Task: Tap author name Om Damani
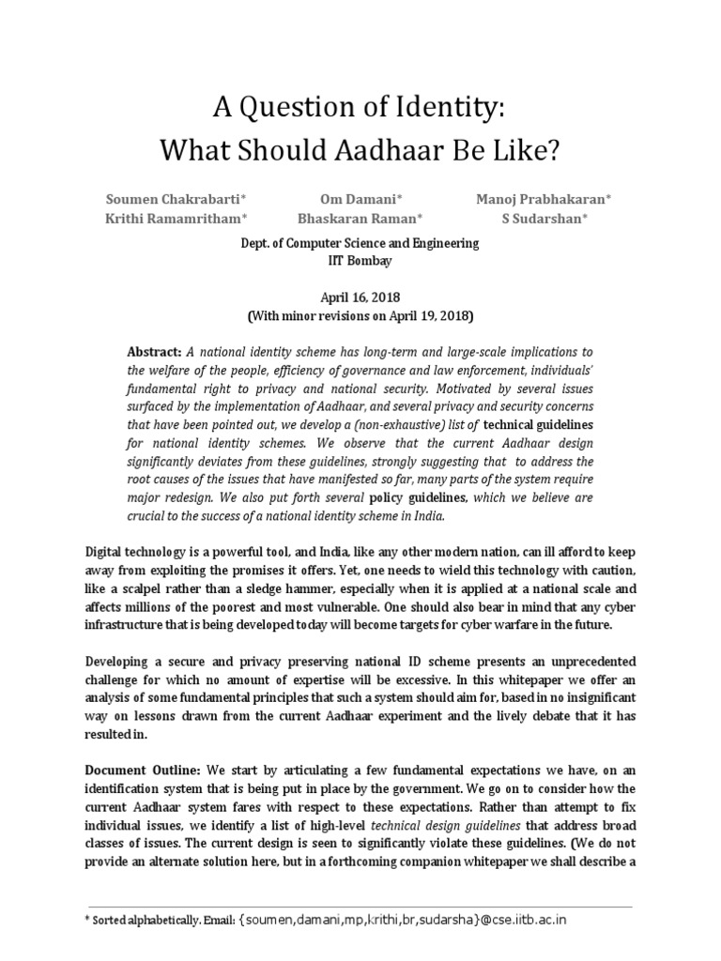[360, 199]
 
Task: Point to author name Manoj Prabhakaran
[545, 199]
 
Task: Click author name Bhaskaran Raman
[360, 219]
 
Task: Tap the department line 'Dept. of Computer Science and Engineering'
[360, 243]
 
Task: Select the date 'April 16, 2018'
[360, 296]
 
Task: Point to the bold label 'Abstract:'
[154, 351]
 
